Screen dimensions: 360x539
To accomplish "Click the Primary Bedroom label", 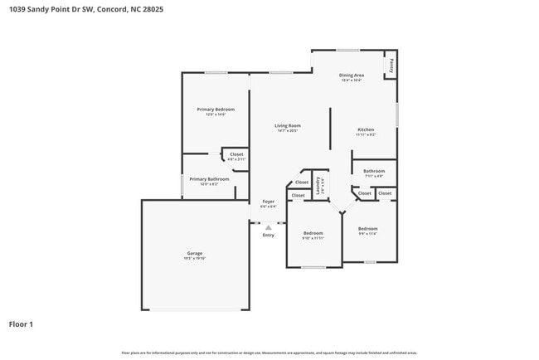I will [216, 109].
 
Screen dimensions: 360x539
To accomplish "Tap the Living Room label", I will [287, 125].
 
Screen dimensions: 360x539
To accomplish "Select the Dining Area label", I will [351, 75].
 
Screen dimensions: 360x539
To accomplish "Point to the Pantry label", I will [391, 65].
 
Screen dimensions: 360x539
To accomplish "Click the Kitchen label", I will [366, 129].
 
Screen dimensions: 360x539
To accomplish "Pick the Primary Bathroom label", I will [208, 179].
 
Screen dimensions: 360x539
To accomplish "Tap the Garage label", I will [195, 253].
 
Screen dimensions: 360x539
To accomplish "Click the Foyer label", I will [268, 202].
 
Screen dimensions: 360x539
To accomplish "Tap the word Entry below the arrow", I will [268, 236].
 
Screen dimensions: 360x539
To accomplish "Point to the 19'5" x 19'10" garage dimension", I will [195, 259].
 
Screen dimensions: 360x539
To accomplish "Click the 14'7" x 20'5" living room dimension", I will [287, 131].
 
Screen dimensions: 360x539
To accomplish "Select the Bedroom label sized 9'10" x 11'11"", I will [313, 233].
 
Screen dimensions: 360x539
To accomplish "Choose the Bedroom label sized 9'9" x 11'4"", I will [367, 228].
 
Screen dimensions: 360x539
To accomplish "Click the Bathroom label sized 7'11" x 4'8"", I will [374, 171].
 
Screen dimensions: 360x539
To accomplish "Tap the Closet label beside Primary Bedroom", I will [236, 154].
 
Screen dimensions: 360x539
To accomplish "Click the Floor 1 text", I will [21, 324].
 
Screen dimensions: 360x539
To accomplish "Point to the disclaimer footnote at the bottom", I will [269, 353].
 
